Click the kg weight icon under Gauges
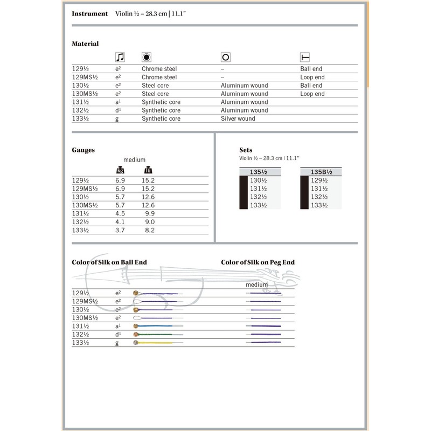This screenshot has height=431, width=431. (x=121, y=170)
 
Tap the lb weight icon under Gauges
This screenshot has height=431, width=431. (x=148, y=170)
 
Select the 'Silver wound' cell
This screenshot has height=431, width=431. (x=238, y=119)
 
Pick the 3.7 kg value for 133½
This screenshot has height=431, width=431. (x=120, y=230)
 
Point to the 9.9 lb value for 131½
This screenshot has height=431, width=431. (x=149, y=213)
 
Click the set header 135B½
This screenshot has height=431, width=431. (x=322, y=172)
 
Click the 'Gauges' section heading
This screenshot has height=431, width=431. (x=84, y=150)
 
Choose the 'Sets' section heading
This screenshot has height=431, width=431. (x=246, y=150)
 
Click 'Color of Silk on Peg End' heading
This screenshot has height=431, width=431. (x=258, y=262)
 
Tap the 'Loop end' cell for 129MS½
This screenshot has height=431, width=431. (x=312, y=77)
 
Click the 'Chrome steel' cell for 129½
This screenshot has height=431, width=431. (x=159, y=69)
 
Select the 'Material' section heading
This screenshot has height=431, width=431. (x=85, y=44)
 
